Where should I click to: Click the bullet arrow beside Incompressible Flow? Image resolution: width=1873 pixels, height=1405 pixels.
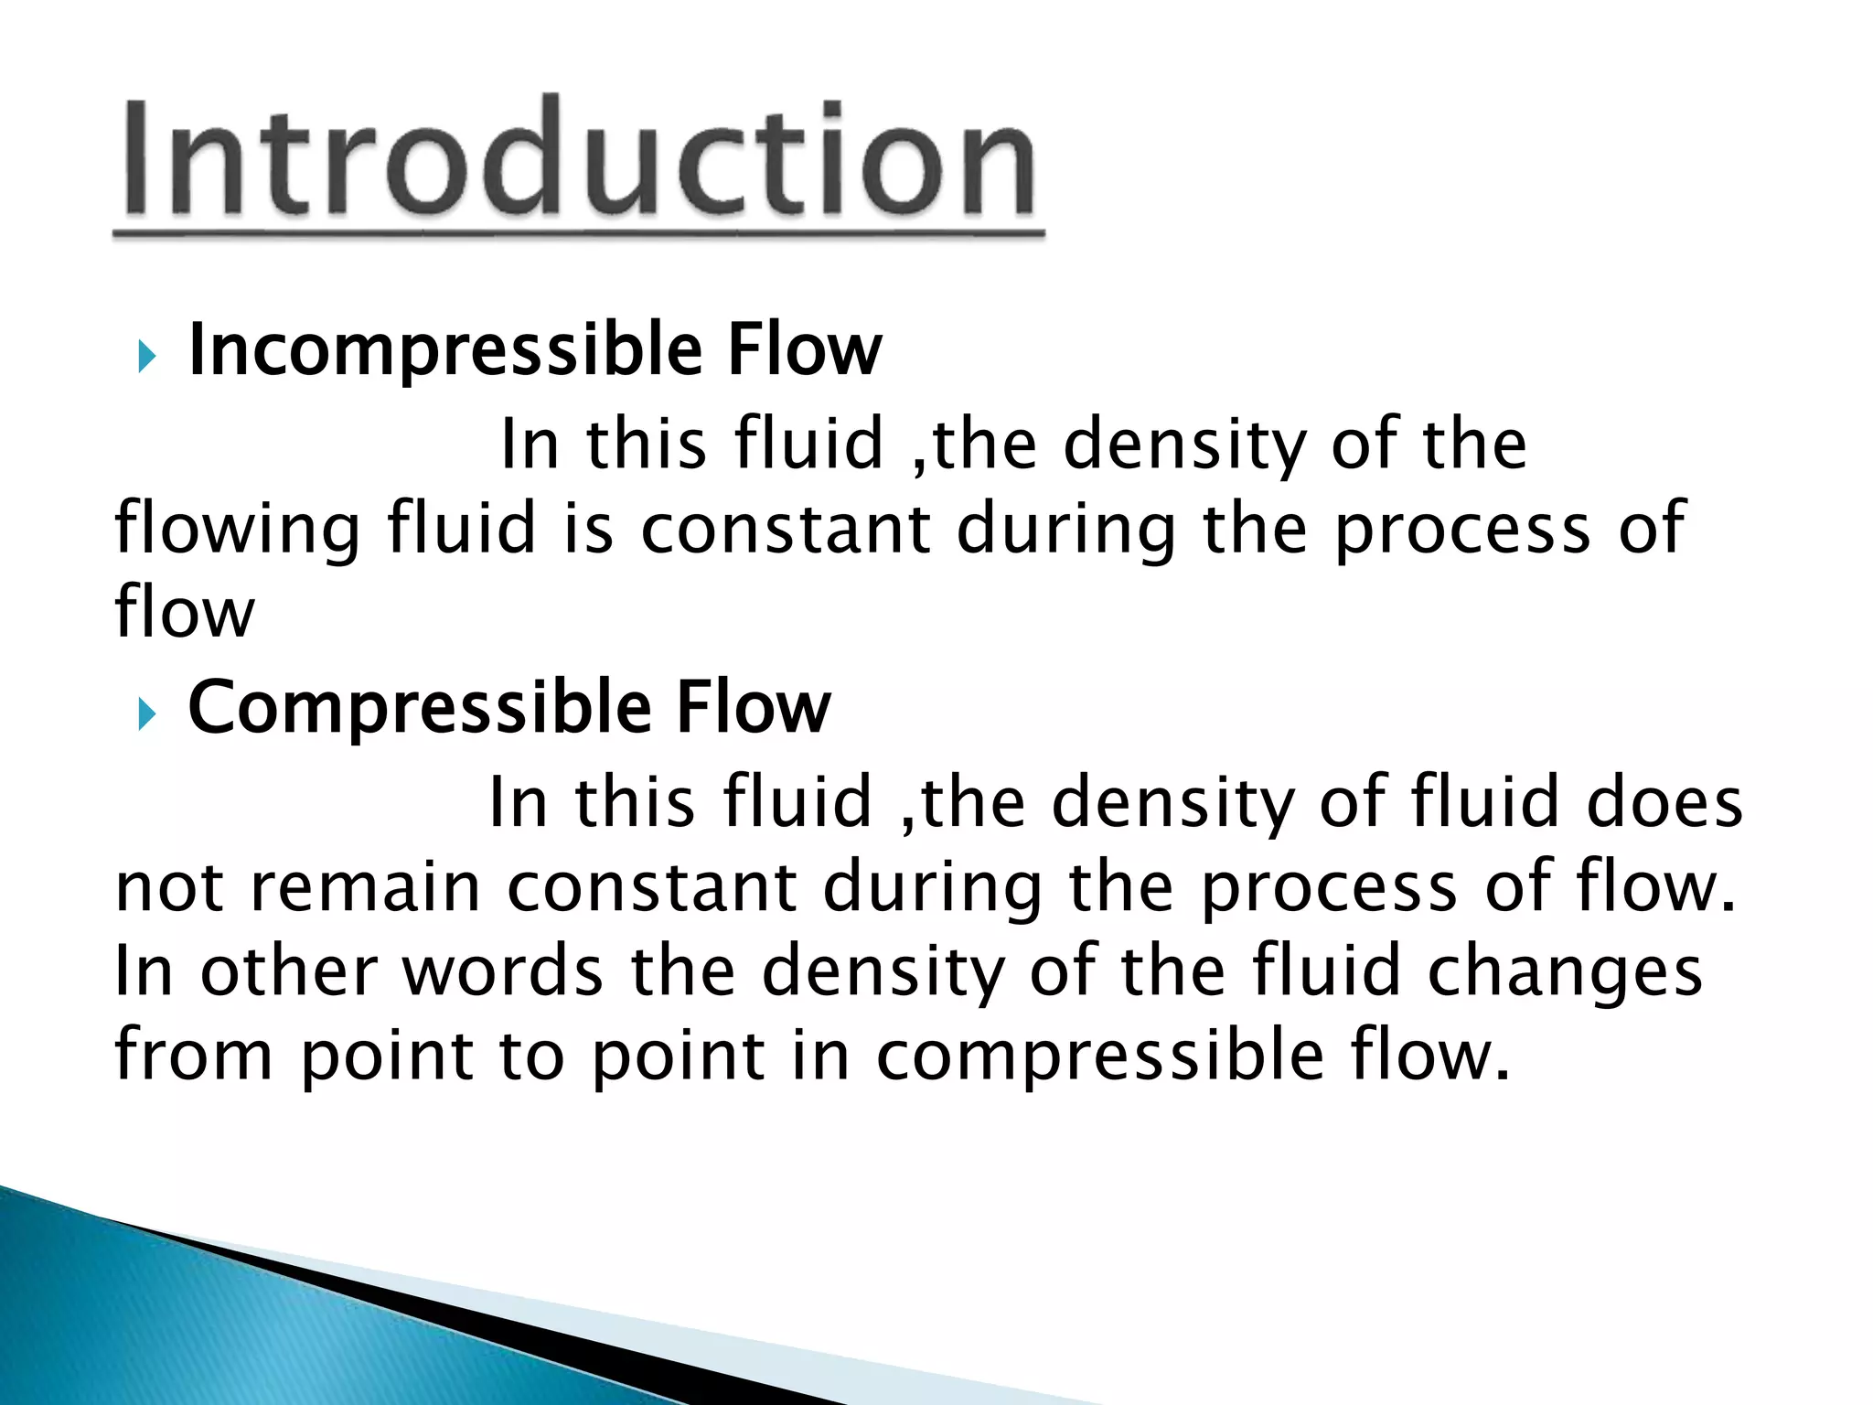click(146, 355)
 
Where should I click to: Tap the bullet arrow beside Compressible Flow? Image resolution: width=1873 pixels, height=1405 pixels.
click(146, 713)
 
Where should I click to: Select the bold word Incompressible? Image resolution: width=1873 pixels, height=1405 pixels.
click(445, 351)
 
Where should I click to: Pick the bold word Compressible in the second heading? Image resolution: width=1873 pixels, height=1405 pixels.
click(420, 709)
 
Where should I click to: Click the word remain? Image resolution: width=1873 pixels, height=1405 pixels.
click(364, 887)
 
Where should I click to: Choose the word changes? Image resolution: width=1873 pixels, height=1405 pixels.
click(1565, 973)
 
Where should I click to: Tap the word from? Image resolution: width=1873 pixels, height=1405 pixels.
click(193, 1055)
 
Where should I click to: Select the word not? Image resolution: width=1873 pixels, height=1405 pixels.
click(169, 887)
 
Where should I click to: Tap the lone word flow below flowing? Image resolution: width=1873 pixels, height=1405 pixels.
click(184, 612)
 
